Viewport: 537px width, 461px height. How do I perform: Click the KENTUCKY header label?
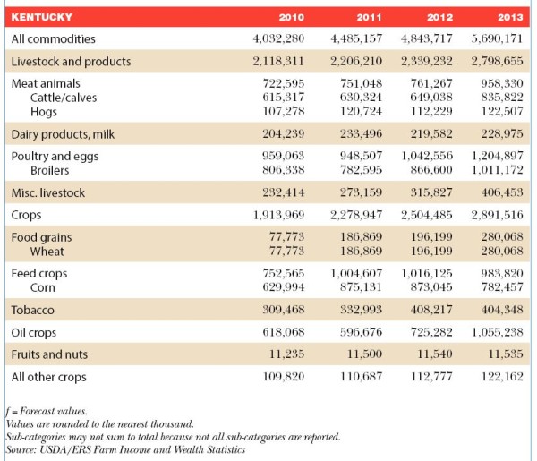42,17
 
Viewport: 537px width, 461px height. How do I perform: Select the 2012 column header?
439,17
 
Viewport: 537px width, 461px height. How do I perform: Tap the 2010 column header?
292,17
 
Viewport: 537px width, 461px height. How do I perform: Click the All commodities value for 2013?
497,38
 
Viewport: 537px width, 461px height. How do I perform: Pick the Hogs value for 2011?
361,111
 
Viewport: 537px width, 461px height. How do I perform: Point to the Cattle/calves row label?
64,98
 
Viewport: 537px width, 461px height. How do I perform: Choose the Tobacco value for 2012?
431,310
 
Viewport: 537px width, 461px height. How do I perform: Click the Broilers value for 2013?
498,170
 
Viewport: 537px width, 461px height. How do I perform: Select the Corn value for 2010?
284,287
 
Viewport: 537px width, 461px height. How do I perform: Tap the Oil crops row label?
34,333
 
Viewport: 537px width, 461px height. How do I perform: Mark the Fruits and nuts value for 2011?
364,354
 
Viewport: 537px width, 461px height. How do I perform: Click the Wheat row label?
47,252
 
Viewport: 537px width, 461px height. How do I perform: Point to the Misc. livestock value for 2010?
284,192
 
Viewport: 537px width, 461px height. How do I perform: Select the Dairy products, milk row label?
63,134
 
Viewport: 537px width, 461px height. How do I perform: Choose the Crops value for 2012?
427,215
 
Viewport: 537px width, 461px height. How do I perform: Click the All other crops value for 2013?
502,377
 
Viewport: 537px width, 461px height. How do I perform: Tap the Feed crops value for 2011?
356,273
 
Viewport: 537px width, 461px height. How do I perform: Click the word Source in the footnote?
21,449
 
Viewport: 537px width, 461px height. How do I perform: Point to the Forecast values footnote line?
47,411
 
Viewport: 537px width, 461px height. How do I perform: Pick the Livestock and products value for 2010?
278,61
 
